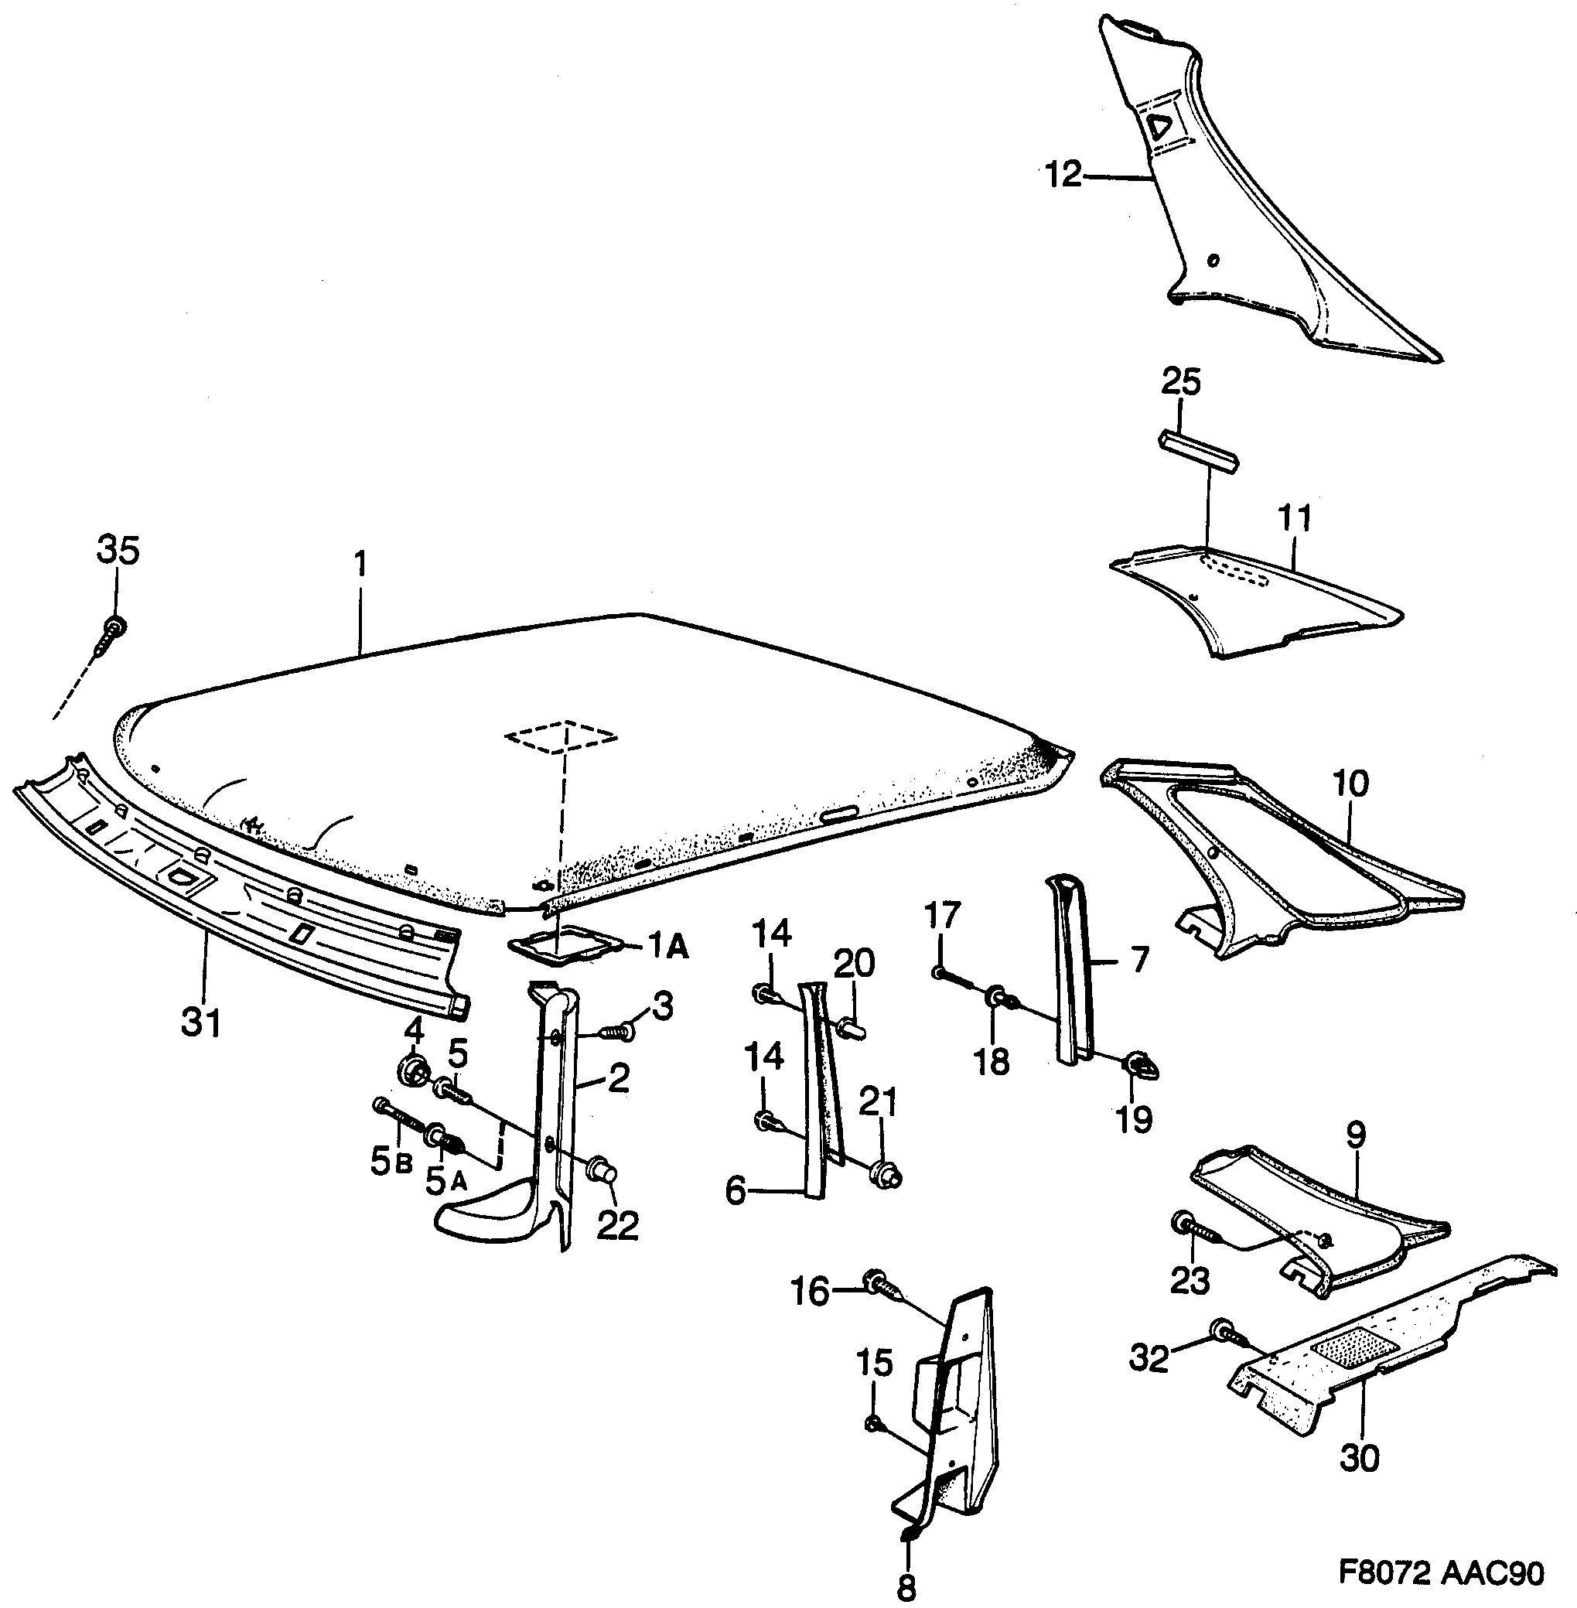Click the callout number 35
118,551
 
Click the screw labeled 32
1226,1331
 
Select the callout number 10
1351,784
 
